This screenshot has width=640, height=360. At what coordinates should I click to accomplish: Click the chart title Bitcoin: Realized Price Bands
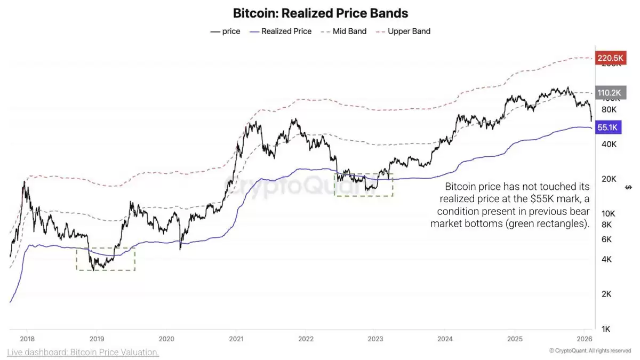(321, 13)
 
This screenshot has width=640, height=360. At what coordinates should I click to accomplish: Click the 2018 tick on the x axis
(27, 339)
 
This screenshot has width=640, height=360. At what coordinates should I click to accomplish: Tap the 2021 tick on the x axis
(236, 339)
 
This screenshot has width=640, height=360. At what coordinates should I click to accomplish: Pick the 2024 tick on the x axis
(445, 339)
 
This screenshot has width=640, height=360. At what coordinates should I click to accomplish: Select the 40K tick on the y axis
(608, 145)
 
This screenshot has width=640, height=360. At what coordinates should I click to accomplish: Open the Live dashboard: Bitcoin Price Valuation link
(83, 353)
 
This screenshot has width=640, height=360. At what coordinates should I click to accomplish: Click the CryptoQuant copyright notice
(590, 351)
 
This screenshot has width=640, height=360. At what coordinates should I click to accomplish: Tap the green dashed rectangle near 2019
(106, 259)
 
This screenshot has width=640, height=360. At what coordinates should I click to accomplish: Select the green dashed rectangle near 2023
(363, 185)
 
